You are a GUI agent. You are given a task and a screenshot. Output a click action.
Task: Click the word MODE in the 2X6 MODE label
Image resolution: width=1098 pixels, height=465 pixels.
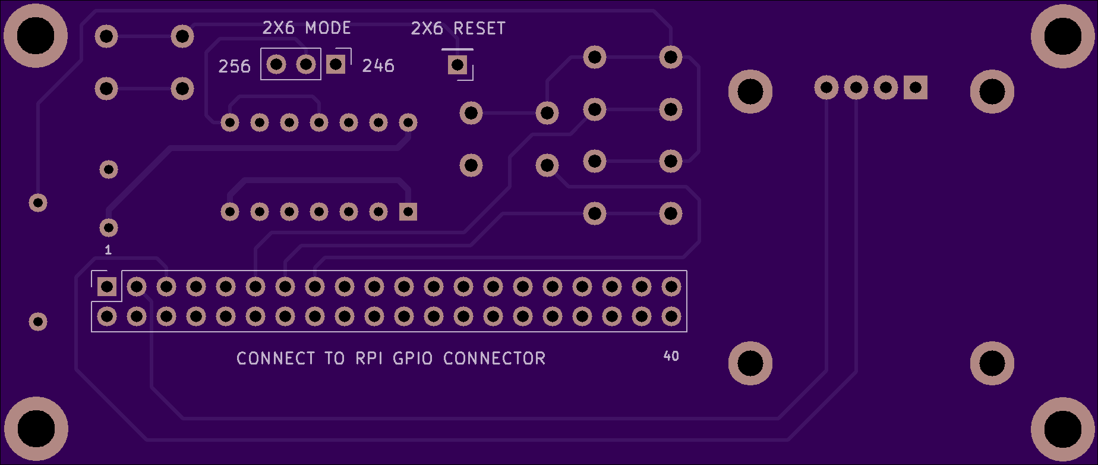[328, 28]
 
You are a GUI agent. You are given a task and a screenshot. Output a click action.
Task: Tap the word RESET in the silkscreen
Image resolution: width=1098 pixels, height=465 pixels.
[479, 29]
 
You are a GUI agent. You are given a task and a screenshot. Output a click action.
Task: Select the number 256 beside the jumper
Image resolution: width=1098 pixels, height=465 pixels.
[234, 66]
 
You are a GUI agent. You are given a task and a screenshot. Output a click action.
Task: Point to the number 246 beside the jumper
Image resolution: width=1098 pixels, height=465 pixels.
[378, 65]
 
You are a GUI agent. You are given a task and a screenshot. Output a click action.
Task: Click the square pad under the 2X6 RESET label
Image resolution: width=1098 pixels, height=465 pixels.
[457, 64]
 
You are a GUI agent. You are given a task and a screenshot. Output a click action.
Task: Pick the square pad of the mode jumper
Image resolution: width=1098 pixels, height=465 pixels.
[336, 64]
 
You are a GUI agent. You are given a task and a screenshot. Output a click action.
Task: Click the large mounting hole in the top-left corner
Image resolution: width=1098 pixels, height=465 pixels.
[36, 36]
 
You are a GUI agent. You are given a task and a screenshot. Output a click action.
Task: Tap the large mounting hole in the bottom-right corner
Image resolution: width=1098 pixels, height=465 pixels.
[1062, 429]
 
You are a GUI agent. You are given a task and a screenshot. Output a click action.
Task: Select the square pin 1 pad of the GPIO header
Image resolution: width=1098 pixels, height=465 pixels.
[107, 287]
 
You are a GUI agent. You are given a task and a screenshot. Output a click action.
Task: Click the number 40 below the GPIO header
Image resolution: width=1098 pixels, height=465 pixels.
[671, 356]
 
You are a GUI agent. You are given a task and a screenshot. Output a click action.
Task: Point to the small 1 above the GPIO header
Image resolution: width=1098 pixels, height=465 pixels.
[108, 250]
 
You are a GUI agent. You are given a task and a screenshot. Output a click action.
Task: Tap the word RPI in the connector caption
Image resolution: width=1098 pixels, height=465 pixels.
[369, 358]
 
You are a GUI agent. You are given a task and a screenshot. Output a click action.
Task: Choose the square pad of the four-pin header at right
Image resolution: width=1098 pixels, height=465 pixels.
[916, 88]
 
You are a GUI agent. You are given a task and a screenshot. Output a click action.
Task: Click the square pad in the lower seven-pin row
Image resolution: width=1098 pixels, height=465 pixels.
[408, 212]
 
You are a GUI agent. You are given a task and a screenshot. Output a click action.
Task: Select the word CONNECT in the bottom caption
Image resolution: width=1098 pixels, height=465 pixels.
[276, 358]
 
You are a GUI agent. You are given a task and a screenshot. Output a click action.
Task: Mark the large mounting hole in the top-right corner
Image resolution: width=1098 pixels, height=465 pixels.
[1062, 36]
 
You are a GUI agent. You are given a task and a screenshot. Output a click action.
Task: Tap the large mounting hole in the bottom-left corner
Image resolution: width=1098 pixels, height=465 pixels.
[36, 429]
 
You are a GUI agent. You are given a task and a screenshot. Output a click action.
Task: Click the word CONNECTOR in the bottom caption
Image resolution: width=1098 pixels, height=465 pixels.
[494, 358]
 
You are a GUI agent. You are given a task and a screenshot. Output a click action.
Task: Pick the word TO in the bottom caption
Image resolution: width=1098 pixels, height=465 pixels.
[335, 358]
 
